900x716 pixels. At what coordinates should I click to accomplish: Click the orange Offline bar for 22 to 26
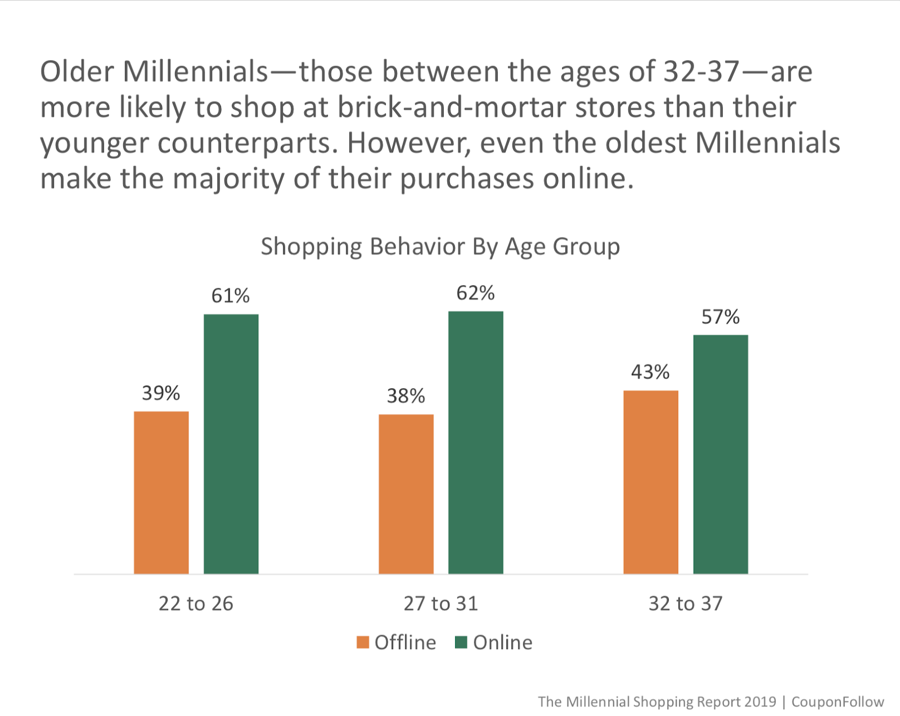point(161,493)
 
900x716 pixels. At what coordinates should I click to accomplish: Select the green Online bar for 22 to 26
point(231,444)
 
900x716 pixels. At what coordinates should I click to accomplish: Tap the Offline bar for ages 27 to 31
point(406,494)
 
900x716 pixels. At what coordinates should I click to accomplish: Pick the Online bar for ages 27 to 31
point(476,443)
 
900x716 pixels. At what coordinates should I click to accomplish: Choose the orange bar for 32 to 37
point(651,482)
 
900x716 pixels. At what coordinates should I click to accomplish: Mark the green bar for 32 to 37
point(721,454)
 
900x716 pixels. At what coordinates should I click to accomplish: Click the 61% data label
point(231,296)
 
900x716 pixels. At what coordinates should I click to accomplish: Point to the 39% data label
point(161,393)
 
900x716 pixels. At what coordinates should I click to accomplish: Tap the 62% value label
point(476,293)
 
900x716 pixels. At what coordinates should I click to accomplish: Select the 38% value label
point(406,396)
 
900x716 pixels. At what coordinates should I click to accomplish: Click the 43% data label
point(651,372)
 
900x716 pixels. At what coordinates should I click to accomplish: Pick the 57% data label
point(721,317)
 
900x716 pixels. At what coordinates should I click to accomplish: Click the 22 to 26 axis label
point(196,604)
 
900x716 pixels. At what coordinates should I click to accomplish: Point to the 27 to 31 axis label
point(440,604)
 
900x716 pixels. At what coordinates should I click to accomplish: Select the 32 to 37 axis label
point(685,604)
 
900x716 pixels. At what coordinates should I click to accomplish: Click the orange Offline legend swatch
point(363,642)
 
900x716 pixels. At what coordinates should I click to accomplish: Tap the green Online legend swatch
point(461,642)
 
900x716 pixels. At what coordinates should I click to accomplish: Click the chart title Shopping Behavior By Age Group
point(440,246)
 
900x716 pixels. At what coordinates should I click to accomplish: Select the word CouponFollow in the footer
point(838,702)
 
